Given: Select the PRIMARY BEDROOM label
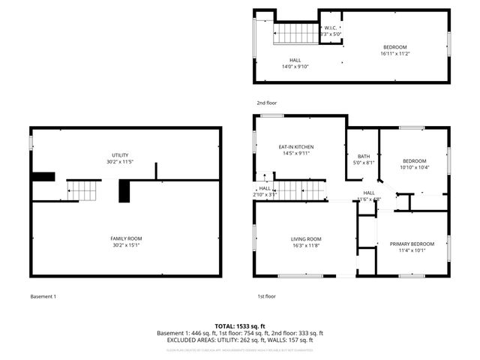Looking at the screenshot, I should point(412,244).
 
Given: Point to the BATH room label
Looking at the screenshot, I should point(363,156).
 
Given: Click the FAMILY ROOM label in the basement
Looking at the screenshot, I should point(126,238).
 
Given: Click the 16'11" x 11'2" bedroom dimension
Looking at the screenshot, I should point(395,53).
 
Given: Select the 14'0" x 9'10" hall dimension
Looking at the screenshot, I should point(295,66).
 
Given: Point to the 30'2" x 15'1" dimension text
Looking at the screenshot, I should point(126,244).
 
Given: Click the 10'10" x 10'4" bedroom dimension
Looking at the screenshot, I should point(414,167).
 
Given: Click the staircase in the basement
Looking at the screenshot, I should point(82,190).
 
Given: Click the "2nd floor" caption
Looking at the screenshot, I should point(266,103).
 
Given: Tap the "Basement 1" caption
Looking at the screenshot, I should point(43,296).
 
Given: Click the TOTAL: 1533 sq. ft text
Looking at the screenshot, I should point(239,326).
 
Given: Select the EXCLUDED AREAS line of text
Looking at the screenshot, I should point(239,340).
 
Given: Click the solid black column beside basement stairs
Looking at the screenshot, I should point(124,191).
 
